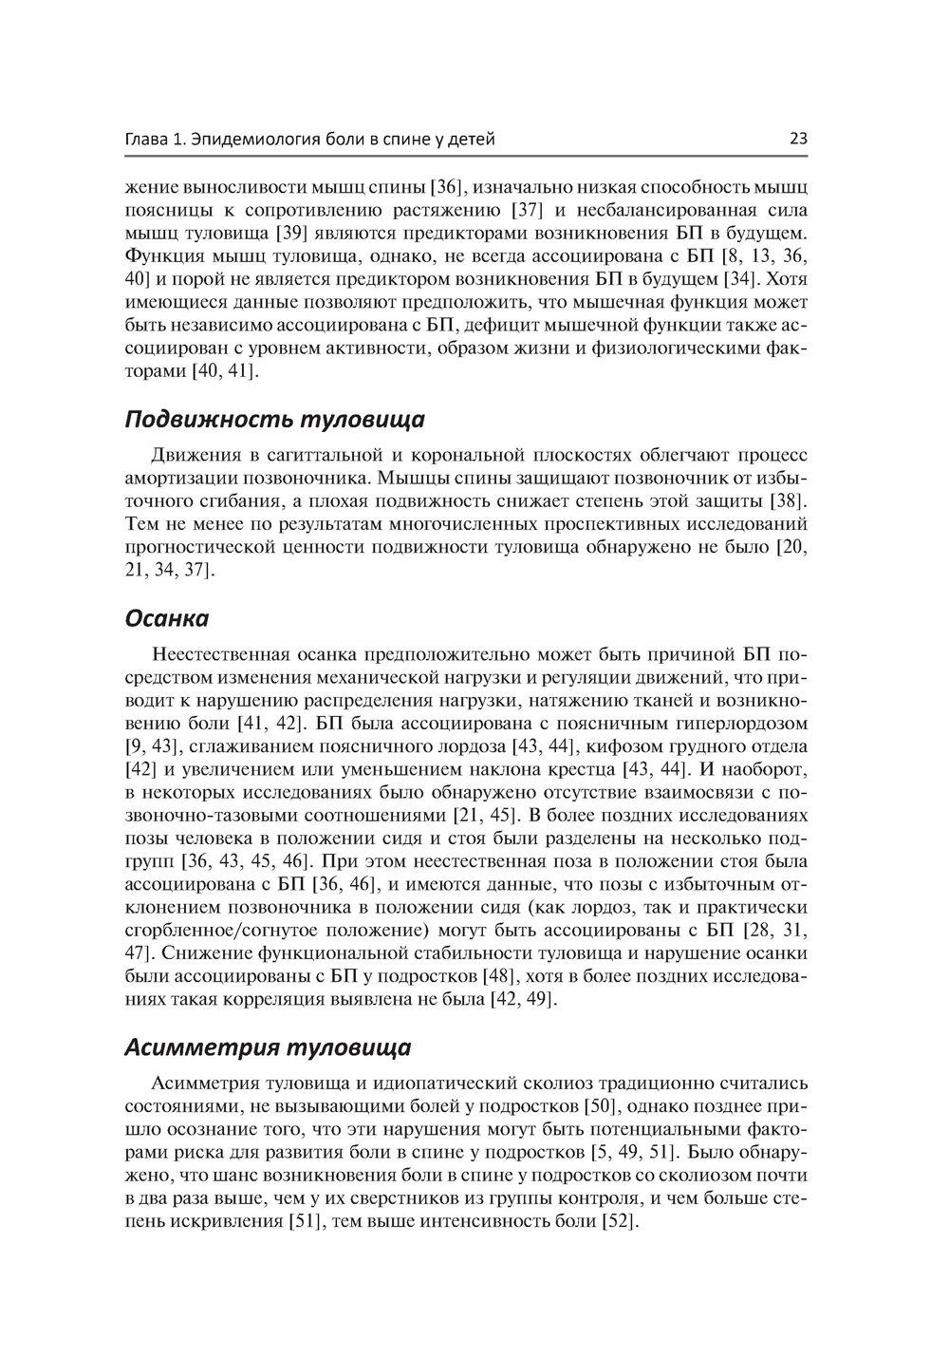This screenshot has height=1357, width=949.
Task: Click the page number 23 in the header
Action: (x=798, y=140)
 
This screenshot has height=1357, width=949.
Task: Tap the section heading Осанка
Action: (x=167, y=619)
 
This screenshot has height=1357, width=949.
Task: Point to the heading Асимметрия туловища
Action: (x=269, y=1047)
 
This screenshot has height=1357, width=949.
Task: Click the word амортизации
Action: (x=180, y=478)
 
